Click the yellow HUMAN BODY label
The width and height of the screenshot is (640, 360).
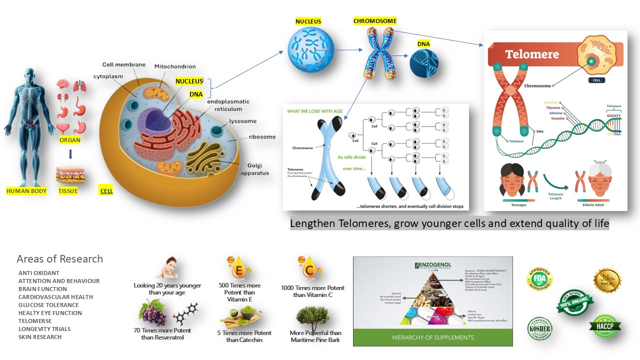[26, 191]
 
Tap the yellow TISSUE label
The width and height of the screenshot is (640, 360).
[68, 191]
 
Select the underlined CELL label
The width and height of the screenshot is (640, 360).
[106, 191]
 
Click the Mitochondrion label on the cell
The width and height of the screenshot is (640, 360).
[175, 66]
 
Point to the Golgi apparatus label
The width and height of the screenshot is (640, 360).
[258, 169]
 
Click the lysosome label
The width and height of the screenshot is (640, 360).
[242, 121]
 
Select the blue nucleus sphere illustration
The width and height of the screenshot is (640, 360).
[310, 48]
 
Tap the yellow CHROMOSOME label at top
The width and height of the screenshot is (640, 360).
[374, 21]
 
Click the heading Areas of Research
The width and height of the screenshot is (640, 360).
[59, 259]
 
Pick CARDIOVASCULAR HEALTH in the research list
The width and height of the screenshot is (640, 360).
[55, 297]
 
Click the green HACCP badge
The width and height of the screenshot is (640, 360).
[604, 325]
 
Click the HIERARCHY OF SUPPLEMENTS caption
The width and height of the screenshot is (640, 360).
[432, 337]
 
